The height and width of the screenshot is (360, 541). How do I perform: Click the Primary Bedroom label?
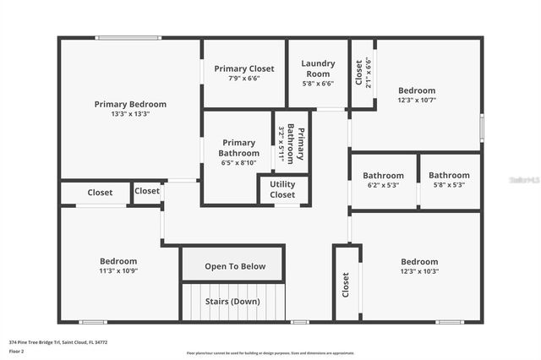click(x=130, y=104)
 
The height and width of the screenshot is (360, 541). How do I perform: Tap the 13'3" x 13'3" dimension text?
click(x=130, y=114)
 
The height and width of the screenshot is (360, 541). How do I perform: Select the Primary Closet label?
click(x=243, y=68)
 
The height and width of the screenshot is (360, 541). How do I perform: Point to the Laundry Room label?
click(x=319, y=68)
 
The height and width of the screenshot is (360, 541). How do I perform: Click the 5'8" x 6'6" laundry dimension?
click(x=319, y=84)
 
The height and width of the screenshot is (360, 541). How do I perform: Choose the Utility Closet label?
click(x=282, y=189)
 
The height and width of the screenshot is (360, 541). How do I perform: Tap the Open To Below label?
click(x=235, y=266)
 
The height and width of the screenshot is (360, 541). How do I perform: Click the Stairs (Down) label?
click(x=233, y=301)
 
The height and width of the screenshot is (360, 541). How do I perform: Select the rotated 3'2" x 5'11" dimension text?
click(x=281, y=143)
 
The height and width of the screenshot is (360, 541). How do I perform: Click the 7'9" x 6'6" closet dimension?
click(x=243, y=79)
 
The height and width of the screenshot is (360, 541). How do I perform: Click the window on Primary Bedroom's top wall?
click(x=128, y=37)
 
